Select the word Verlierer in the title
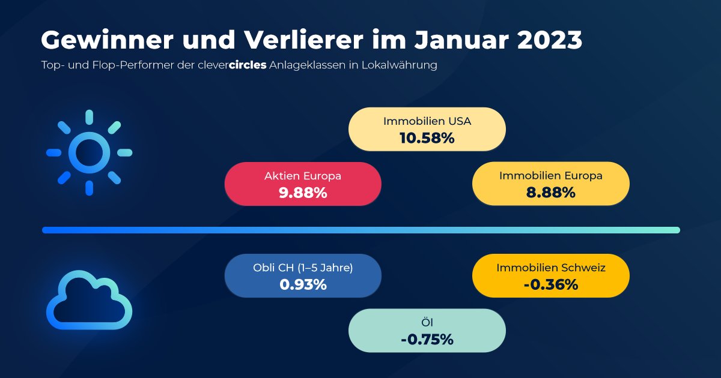(x=294, y=41)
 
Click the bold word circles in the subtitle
(x=248, y=65)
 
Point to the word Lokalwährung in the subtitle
(x=399, y=65)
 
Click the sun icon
(x=89, y=152)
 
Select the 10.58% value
(x=427, y=138)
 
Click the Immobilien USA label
(x=427, y=121)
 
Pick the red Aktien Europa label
(x=303, y=176)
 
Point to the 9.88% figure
(x=303, y=193)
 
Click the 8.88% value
(x=551, y=193)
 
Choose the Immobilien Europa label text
(x=551, y=176)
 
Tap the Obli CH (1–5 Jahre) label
(x=303, y=268)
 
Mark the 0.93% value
(x=303, y=284)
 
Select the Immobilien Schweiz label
(x=551, y=268)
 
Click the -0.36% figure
(x=551, y=284)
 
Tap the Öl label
(x=427, y=323)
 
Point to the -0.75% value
(x=427, y=340)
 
